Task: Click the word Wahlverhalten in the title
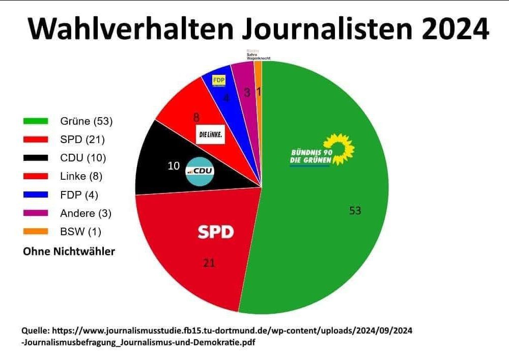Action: [x=130, y=29]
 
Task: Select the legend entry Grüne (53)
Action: [x=86, y=121]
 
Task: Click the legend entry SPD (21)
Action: [x=82, y=140]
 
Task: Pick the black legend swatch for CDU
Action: [x=36, y=158]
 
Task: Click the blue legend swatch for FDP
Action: [x=36, y=195]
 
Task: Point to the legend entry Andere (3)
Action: [x=86, y=213]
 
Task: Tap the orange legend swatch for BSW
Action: [x=36, y=231]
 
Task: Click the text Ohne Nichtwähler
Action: [x=69, y=252]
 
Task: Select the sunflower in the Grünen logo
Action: [x=340, y=148]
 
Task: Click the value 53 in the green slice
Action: [x=355, y=210]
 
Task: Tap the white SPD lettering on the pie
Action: [x=215, y=233]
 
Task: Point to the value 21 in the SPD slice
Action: [x=209, y=263]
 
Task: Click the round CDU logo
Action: [x=201, y=172]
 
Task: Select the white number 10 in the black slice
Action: [x=174, y=166]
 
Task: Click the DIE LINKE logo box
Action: [x=210, y=134]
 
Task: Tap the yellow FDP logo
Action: [x=219, y=80]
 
